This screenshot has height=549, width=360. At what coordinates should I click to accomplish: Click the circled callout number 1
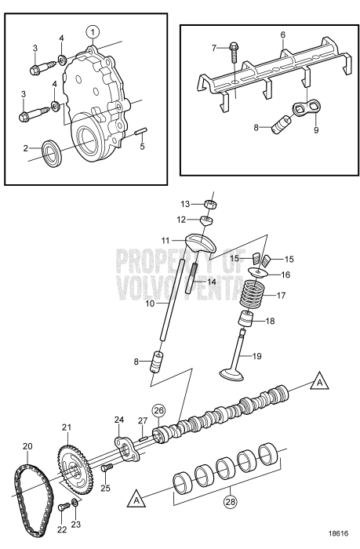pyautogui.click(x=93, y=32)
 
